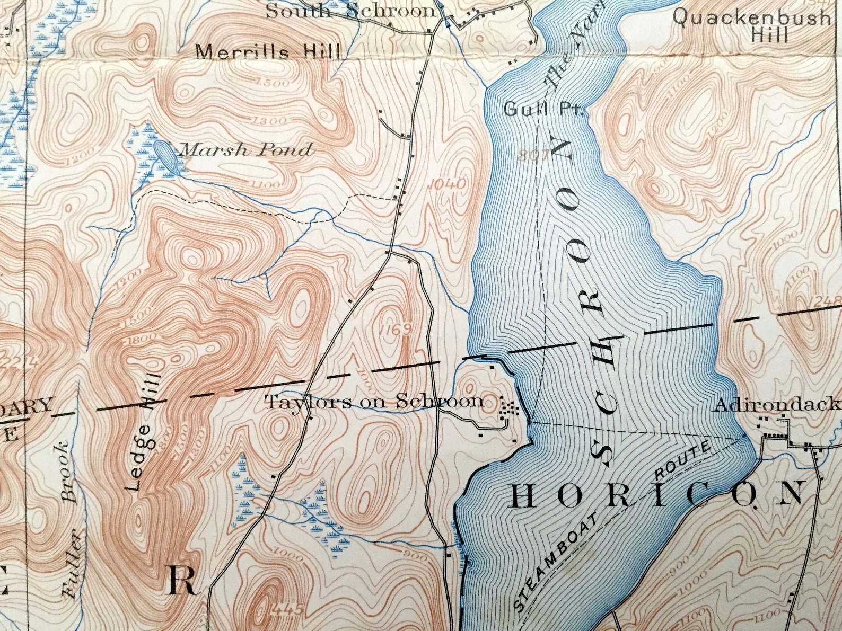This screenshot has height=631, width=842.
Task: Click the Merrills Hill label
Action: [268, 52]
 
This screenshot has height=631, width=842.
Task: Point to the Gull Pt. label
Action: [543, 110]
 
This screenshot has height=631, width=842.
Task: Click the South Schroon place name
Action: [350, 11]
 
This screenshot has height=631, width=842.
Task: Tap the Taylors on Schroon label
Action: [374, 402]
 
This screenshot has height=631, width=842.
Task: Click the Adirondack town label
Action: [777, 405]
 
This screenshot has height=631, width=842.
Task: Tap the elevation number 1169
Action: [395, 330]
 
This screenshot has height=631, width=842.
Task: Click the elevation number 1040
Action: [448, 184]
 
